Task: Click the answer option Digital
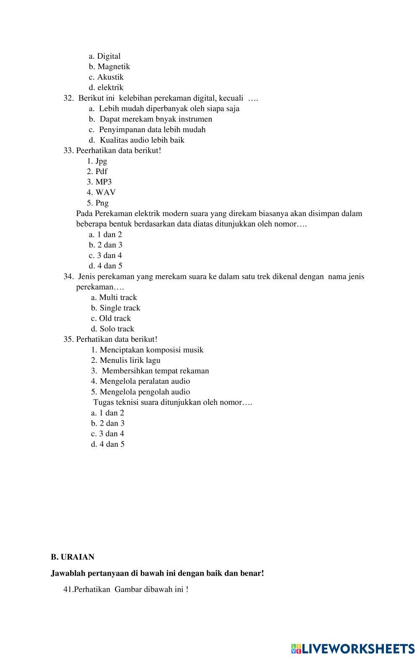[x=105, y=56]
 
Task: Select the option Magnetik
[x=109, y=67]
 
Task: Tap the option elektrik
[x=106, y=88]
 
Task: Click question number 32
[x=68, y=98]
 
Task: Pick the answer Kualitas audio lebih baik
[x=136, y=140]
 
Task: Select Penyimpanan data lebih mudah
[x=147, y=130]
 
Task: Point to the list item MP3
[x=100, y=182]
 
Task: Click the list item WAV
[x=101, y=193]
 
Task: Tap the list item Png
[x=98, y=203]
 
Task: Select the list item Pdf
[x=97, y=172]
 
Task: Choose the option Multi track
[x=114, y=297]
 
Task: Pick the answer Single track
[x=115, y=308]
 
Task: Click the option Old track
[x=111, y=318]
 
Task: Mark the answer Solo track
[x=113, y=329]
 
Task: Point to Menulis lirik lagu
[x=126, y=360]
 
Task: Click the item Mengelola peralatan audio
[x=140, y=381]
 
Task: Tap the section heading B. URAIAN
[x=73, y=557]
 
